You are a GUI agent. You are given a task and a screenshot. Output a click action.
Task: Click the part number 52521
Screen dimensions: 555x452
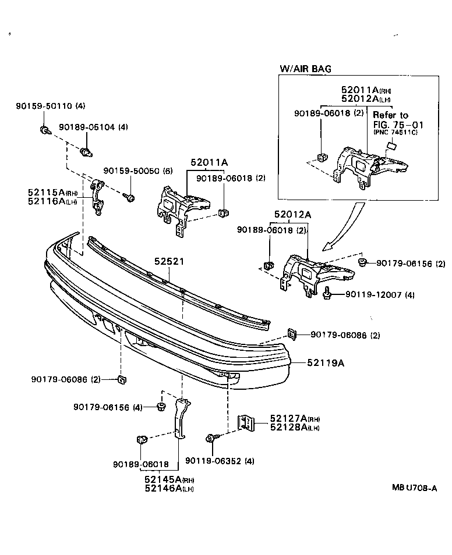(169, 262)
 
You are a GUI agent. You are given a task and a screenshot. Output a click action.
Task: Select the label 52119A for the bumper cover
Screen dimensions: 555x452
(326, 363)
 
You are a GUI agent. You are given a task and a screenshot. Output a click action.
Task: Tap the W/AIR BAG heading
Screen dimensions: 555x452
(305, 69)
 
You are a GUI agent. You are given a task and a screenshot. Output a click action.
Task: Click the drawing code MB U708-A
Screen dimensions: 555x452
(414, 489)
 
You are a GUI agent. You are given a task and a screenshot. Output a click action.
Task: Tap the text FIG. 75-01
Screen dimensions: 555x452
(398, 124)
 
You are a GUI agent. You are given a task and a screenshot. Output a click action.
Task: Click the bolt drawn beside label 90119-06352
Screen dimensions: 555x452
(213, 438)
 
